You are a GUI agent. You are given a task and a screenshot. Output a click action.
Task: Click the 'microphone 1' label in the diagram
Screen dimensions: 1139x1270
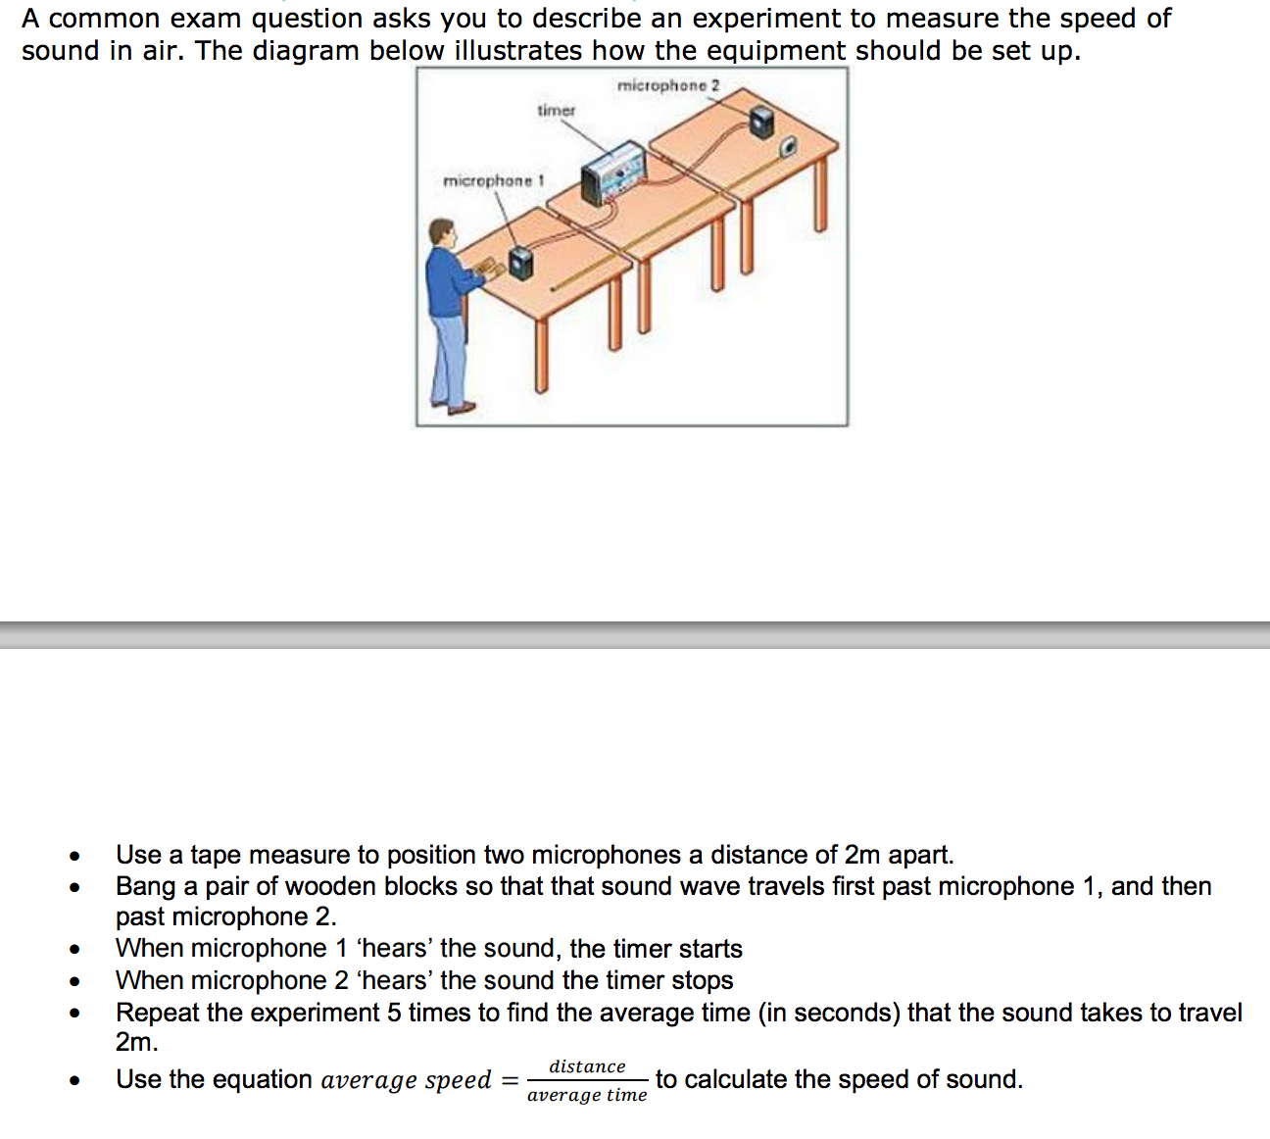click(x=493, y=181)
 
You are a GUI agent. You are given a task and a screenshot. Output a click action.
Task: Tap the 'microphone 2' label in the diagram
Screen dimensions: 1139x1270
click(x=667, y=86)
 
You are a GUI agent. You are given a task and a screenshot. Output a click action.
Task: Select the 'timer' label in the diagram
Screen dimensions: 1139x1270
click(x=556, y=111)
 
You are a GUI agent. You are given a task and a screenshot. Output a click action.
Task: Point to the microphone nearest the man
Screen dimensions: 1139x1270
click(x=519, y=263)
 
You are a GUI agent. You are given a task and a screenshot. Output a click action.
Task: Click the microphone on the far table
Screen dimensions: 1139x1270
click(x=761, y=122)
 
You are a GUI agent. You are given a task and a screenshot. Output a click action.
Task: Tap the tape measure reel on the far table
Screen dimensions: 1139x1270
click(x=787, y=148)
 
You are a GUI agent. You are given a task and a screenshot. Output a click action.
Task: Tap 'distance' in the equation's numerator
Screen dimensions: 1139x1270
click(x=587, y=1066)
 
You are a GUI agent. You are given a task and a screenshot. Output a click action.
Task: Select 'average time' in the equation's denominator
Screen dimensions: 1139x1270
click(x=587, y=1095)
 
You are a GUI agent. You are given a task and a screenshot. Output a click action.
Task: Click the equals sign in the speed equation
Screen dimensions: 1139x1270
click(x=510, y=1080)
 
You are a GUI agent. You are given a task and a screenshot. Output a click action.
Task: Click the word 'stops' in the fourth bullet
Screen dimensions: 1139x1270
click(x=702, y=980)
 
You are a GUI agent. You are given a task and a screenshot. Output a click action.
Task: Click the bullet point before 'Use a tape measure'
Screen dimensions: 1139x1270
click(x=74, y=856)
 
